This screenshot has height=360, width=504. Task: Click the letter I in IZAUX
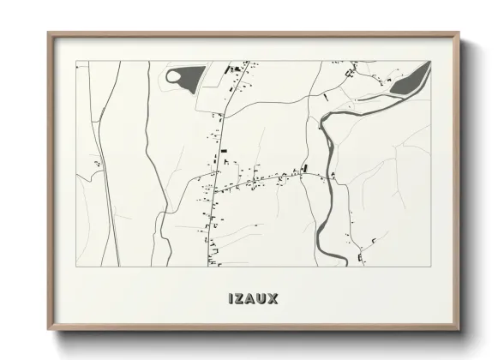tap(231, 299)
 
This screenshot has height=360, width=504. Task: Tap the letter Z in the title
tap(239, 299)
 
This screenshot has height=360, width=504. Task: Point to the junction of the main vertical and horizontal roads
tap(215, 188)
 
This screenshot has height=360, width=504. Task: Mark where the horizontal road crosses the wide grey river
tap(327, 177)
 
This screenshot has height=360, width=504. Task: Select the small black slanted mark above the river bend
tap(326, 98)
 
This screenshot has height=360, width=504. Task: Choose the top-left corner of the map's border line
tap(76, 62)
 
